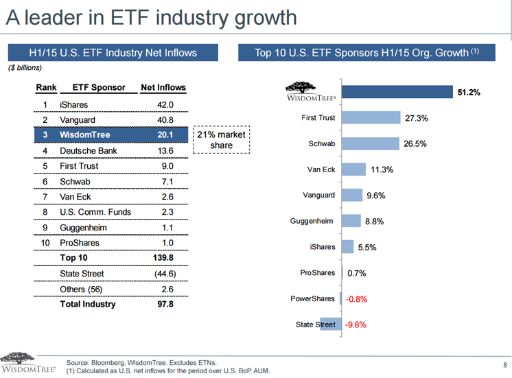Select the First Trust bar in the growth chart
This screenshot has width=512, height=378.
(371, 118)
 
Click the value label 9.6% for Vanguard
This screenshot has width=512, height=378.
(376, 196)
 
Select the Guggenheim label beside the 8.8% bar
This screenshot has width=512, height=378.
(314, 221)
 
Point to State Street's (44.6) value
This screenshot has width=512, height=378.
(165, 274)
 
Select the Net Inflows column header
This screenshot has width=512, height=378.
(163, 88)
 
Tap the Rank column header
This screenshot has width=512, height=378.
(46, 88)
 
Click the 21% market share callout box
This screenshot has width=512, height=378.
(222, 140)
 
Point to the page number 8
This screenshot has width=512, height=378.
(504, 364)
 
